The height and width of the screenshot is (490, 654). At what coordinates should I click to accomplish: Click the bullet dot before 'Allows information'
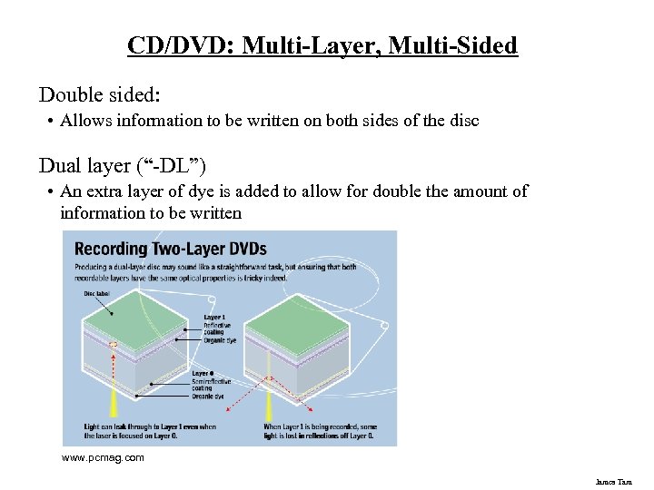[52, 121]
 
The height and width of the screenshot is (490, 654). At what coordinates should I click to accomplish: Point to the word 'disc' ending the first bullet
[463, 120]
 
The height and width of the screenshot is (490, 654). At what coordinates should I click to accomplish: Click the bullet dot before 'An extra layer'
[52, 192]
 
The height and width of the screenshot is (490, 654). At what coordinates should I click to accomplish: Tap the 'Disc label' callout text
[96, 294]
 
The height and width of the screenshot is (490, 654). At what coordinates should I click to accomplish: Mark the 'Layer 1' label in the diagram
[215, 317]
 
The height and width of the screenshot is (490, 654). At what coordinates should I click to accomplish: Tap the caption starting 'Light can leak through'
[151, 431]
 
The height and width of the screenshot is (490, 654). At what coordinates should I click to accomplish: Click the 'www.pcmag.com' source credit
[103, 458]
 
